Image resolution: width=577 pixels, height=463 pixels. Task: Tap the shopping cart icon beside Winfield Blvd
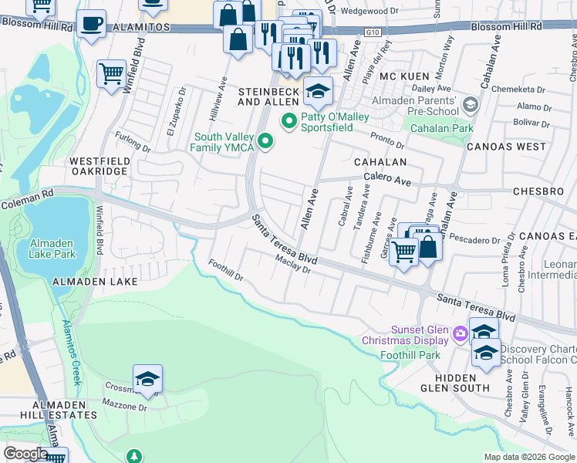point(112,74)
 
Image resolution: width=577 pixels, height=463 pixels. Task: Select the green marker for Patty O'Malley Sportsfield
point(289,120)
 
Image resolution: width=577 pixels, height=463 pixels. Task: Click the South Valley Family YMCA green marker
point(265,140)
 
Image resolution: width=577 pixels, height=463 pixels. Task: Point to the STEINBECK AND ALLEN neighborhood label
point(268,96)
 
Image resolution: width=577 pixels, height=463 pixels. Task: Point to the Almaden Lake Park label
point(52,248)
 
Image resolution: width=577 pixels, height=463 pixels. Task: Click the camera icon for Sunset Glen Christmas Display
point(461,333)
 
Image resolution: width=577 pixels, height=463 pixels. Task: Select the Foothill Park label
point(410,355)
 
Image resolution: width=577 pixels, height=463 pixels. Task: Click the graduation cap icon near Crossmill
point(147,379)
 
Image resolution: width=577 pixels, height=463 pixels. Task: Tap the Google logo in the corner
point(26,453)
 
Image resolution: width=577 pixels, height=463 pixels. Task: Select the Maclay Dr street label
point(293,265)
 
